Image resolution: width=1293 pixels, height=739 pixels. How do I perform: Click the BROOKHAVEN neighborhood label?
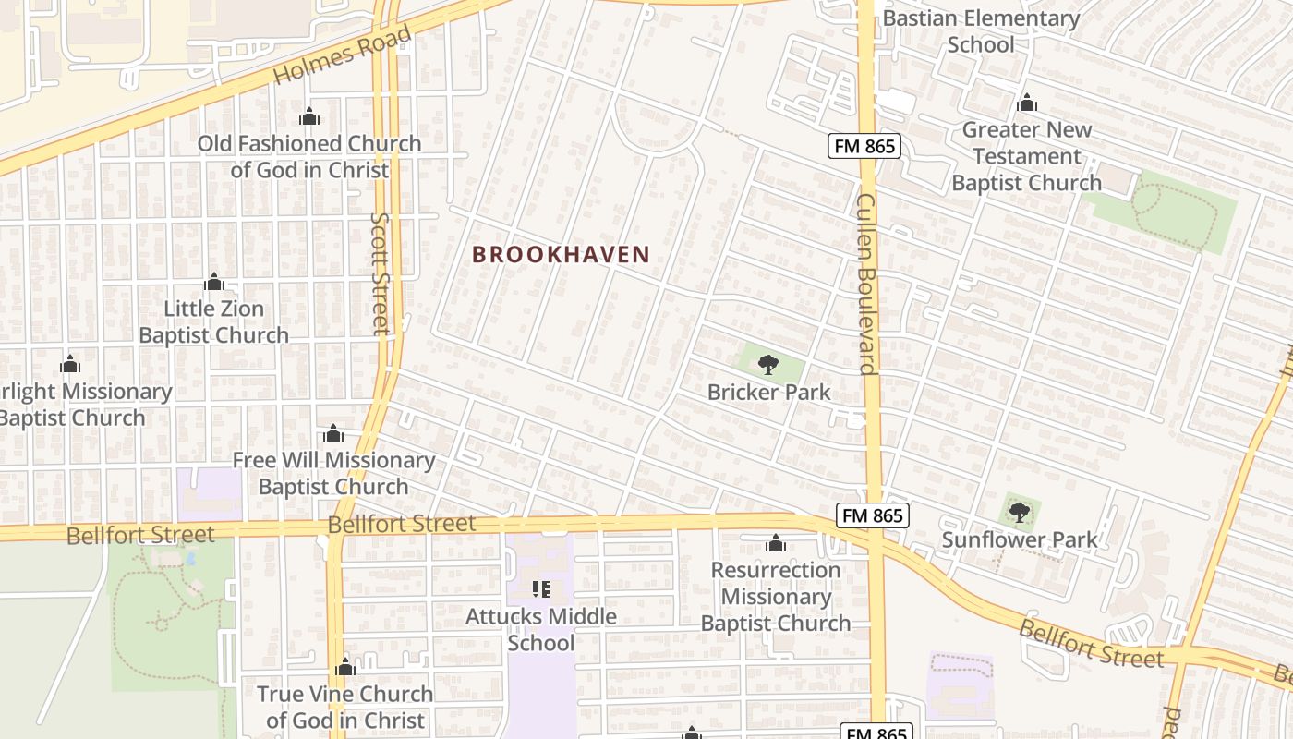(x=562, y=254)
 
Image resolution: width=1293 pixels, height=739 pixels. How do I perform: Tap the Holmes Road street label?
(x=342, y=57)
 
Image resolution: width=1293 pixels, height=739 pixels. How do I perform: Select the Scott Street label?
(x=381, y=273)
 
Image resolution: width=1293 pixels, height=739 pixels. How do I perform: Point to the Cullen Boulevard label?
(x=866, y=284)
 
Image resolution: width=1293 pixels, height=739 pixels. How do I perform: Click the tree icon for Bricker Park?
(x=767, y=365)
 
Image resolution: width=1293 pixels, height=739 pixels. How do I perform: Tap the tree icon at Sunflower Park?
(x=1020, y=512)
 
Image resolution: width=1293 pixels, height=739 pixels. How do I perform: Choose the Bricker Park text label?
(x=768, y=392)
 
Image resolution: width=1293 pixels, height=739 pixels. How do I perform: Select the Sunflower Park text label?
(x=1020, y=539)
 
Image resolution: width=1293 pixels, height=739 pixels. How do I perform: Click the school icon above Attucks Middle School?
(x=541, y=588)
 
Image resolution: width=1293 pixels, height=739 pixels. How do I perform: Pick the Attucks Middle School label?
(x=541, y=629)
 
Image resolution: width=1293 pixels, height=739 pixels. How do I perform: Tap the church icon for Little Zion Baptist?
(x=214, y=282)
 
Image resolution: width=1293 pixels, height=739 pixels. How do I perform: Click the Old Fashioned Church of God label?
(x=309, y=157)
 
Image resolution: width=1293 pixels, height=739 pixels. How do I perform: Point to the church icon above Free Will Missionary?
(x=333, y=433)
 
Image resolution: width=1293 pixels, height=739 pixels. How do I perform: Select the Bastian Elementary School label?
(x=981, y=31)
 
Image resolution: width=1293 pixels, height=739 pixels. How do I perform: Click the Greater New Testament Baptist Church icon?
(x=1026, y=103)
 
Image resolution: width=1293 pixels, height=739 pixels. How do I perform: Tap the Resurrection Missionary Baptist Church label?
(x=776, y=597)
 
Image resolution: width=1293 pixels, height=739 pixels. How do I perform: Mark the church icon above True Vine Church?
(x=345, y=667)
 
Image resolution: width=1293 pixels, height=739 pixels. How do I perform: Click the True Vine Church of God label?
(x=344, y=707)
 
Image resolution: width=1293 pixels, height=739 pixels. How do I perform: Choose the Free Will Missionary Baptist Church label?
(x=333, y=473)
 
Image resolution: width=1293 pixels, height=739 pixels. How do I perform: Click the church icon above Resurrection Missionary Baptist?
(x=776, y=542)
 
